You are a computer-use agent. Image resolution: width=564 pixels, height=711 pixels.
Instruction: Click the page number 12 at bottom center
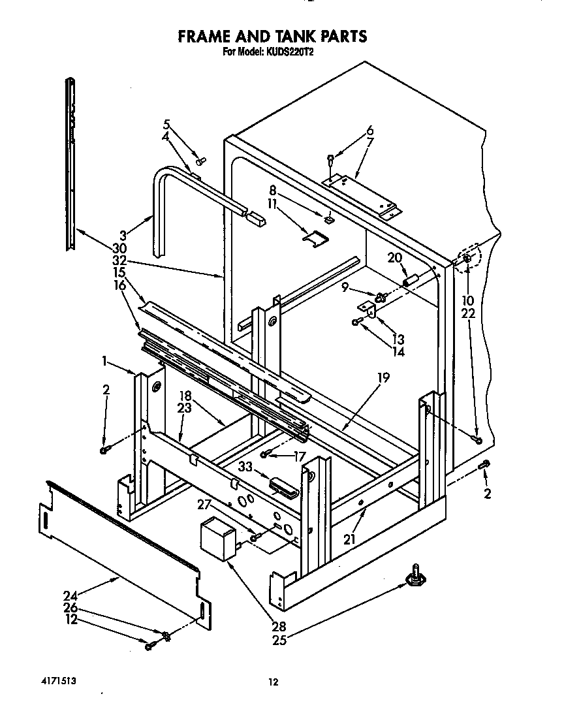coord(274,682)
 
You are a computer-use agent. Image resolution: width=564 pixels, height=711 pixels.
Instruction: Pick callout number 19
coord(383,377)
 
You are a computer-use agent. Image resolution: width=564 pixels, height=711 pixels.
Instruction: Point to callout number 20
coord(394,258)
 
